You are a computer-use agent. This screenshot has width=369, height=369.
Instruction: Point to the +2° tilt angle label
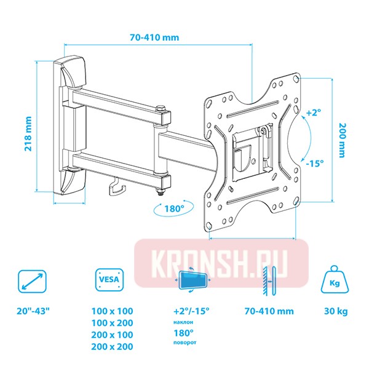coord(314,113)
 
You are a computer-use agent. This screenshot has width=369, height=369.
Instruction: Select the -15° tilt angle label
coord(314,163)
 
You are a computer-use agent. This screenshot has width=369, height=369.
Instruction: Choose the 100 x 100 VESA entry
coord(111,311)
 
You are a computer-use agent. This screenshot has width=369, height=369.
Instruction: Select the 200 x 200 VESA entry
coord(111,347)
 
